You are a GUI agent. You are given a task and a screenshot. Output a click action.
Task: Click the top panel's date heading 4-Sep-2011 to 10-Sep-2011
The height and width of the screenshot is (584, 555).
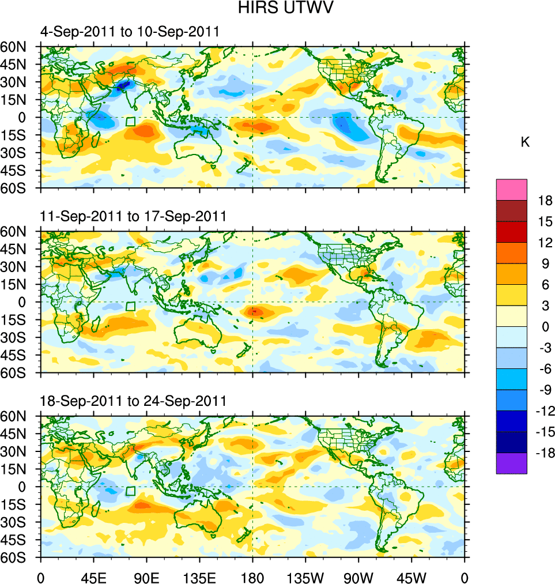pyautogui.click(x=130, y=32)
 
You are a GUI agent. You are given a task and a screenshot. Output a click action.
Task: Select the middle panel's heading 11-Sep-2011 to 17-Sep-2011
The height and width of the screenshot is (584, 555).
pyautogui.click(x=133, y=217)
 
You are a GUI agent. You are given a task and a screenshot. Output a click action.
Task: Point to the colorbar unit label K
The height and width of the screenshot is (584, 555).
pyautogui.click(x=525, y=142)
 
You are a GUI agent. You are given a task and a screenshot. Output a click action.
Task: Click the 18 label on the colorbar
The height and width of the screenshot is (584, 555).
pyautogui.click(x=545, y=201)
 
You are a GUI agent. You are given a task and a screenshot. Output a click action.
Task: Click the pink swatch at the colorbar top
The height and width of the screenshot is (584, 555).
pyautogui.click(x=511, y=189)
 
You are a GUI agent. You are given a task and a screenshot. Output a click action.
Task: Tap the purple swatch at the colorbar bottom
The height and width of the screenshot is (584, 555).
pyautogui.click(x=511, y=463)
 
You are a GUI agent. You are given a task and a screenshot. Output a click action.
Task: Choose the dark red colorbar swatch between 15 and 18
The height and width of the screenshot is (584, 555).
pyautogui.click(x=511, y=210)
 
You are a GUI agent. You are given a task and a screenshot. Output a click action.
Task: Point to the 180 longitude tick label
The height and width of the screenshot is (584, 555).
pyautogui.click(x=252, y=577)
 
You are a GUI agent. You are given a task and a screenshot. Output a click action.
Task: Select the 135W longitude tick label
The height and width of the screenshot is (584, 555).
pyautogui.click(x=305, y=577)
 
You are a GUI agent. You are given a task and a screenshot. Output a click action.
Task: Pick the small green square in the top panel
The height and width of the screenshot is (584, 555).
pyautogui.click(x=130, y=122)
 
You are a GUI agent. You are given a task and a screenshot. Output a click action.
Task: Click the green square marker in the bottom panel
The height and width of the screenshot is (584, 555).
pyautogui.click(x=130, y=491)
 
